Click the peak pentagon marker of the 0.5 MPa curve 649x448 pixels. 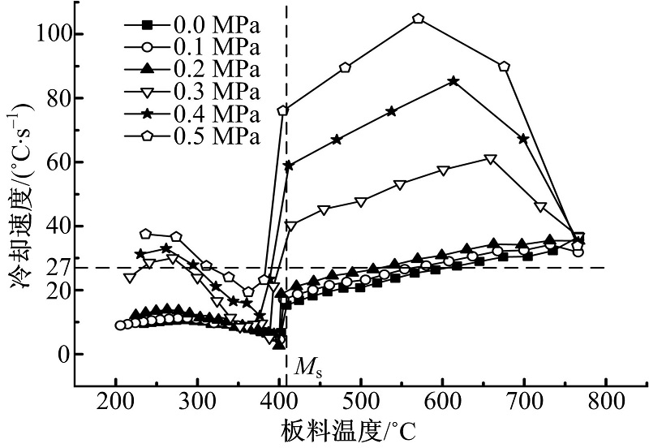(419, 19)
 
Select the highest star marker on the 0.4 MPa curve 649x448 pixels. (453, 81)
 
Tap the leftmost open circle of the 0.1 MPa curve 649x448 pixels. (120, 325)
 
